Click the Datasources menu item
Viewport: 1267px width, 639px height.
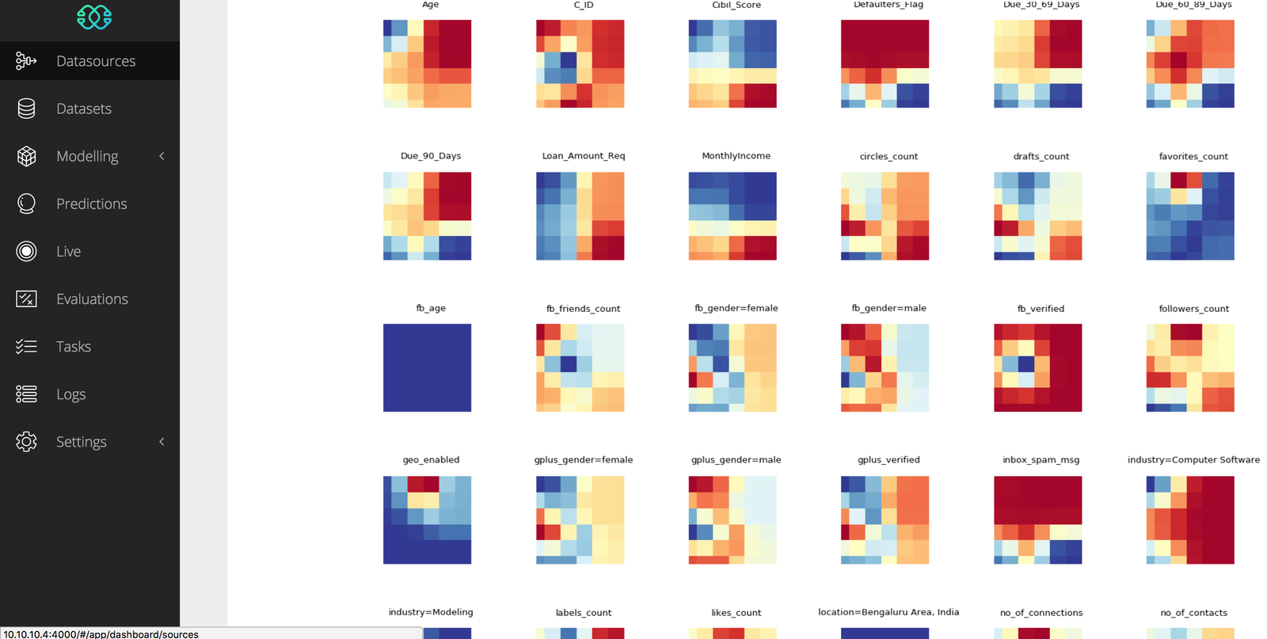point(95,61)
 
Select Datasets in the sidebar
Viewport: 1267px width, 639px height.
point(83,108)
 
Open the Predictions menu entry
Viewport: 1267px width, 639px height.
point(91,203)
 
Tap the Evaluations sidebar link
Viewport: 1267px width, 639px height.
point(92,299)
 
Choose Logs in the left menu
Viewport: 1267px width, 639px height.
point(70,394)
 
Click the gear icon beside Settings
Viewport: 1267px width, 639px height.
point(26,442)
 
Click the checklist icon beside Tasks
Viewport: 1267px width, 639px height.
point(26,346)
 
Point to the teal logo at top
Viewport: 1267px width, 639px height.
point(94,17)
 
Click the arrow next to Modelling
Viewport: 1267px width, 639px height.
point(162,156)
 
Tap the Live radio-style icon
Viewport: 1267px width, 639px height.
point(26,251)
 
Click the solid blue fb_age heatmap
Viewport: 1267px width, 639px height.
point(427,367)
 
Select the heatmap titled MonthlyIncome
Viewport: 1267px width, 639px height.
point(732,216)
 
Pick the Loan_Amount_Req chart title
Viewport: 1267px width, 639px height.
point(584,156)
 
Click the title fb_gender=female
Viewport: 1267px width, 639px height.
point(736,308)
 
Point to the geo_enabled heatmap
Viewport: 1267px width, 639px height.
point(427,519)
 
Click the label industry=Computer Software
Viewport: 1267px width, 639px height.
point(1193,460)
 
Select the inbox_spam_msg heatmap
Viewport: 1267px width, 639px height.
point(1037,519)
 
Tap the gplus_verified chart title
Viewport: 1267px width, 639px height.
point(888,460)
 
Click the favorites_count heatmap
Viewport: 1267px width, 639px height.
point(1189,216)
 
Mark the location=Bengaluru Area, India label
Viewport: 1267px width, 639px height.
point(888,612)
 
